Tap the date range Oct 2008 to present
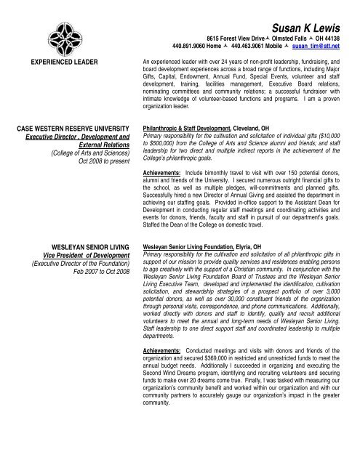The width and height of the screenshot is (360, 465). pyautogui.click(x=100, y=161)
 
